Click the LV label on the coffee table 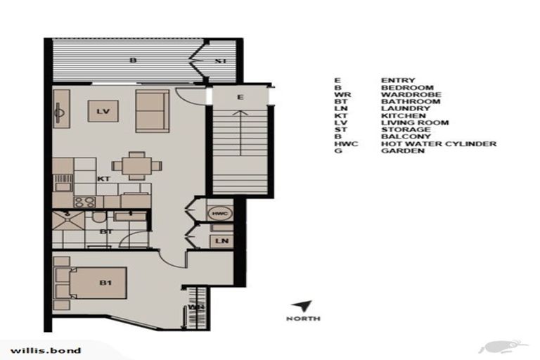click(x=102, y=111)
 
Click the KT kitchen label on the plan click(x=103, y=179)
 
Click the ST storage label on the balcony click(x=221, y=62)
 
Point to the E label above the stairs click(x=240, y=96)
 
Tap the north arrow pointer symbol click(x=303, y=307)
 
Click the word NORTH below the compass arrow click(x=303, y=319)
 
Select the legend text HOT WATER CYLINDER click(x=438, y=143)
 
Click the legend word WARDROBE click(x=411, y=94)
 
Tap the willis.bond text click(x=46, y=349)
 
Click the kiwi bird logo click(x=503, y=346)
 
